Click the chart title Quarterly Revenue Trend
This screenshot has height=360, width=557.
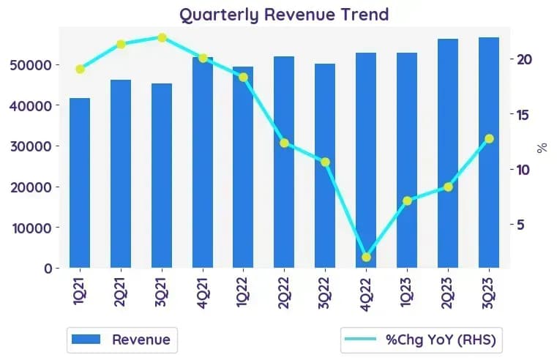[284, 15]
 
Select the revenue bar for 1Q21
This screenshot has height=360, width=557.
[80, 183]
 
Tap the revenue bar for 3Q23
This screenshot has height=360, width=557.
[489, 152]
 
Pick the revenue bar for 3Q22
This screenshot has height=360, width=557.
[325, 166]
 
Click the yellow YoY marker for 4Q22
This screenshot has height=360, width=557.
[366, 258]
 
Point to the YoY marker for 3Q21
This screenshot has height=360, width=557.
[162, 37]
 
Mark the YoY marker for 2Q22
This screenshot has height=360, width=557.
[284, 143]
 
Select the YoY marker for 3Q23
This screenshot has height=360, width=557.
[489, 139]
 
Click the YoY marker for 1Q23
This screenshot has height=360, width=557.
[408, 201]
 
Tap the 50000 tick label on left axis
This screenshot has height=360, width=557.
[31, 65]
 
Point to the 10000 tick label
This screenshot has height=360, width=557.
[32, 228]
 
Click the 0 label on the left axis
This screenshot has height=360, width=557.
[48, 269]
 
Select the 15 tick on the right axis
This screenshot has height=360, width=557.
[523, 115]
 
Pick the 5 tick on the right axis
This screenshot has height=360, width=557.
[520, 225]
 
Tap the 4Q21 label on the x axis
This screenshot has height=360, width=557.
[203, 293]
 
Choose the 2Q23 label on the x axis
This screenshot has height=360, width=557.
[448, 293]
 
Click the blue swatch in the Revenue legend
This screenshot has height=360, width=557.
[86, 339]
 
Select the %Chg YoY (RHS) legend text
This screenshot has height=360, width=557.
[441, 340]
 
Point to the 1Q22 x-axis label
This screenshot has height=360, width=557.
[243, 293]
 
